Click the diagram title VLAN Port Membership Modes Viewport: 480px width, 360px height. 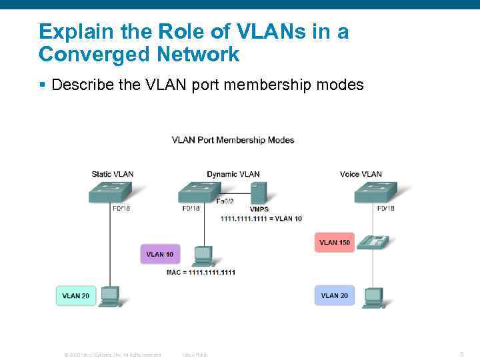(233, 140)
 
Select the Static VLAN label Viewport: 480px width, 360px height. (113, 174)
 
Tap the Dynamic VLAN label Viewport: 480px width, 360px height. (233, 174)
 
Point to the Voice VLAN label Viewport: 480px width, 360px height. (361, 174)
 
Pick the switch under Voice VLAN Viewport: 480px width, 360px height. (376, 193)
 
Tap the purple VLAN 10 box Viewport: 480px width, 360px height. (160, 254)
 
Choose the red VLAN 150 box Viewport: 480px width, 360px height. (334, 242)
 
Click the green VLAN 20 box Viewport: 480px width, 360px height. (76, 295)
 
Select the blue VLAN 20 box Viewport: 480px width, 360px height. (334, 295)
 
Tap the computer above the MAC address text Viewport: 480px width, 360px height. (202, 256)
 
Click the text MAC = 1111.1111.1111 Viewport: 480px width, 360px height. (201, 272)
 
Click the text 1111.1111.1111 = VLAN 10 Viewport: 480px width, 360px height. (261, 218)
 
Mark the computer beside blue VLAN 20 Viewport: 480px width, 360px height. (373, 296)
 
